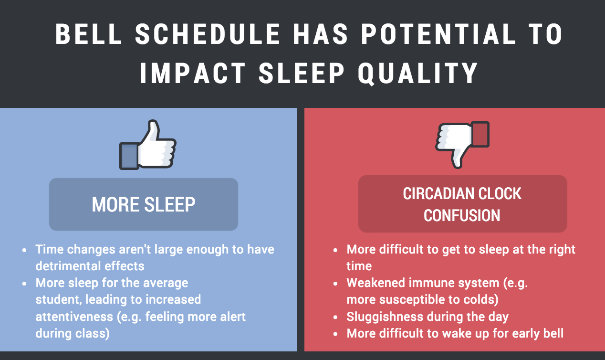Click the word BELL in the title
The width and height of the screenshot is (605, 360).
88,34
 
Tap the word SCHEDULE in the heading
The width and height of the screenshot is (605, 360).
208,34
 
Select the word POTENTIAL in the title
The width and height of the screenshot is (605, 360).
438,34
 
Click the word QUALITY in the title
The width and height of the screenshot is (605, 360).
418,74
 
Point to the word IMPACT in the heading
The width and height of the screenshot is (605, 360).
193,73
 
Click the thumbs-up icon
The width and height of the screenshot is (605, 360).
148,145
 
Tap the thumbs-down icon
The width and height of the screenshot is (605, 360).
462,145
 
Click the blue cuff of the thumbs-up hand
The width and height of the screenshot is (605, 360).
129,157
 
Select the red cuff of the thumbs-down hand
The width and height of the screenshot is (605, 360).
480,134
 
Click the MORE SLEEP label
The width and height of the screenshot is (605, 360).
144,204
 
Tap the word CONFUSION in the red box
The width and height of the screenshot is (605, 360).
462,215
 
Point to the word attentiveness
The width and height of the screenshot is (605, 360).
74,317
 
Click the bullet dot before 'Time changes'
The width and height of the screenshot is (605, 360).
25,250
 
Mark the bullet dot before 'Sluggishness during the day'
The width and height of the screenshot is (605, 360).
335,318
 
